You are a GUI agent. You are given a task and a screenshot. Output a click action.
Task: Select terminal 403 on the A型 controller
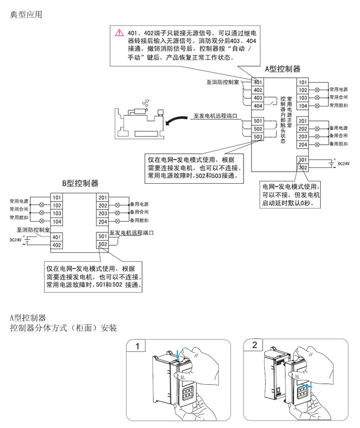(258, 98)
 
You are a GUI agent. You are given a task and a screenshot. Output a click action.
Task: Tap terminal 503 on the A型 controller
(258, 137)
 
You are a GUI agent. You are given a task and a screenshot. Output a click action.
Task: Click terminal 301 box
(302, 160)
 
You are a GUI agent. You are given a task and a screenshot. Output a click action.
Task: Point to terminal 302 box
(302, 167)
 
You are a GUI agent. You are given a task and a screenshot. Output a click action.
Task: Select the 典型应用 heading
(26, 15)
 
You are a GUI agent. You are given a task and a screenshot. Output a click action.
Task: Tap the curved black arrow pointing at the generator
(178, 119)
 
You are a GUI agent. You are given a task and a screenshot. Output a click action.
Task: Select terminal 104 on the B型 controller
(57, 221)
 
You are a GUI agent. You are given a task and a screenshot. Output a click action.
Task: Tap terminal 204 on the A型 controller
(302, 144)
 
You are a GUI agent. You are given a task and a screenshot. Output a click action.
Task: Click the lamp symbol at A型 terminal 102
(317, 90)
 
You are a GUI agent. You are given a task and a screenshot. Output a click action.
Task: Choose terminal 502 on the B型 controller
(102, 244)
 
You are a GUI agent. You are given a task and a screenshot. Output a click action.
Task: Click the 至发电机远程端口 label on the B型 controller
(132, 233)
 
